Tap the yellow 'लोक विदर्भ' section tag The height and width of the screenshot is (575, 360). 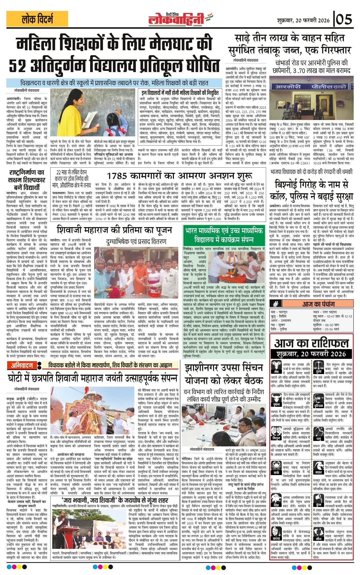pyautogui.click(x=37, y=19)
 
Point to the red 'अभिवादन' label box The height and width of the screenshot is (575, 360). pyautogui.click(x=22, y=365)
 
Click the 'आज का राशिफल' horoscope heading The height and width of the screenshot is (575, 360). pyautogui.click(x=311, y=343)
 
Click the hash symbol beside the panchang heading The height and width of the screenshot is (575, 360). pyautogui.click(x=276, y=304)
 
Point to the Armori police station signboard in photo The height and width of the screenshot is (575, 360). pyautogui.click(x=311, y=86)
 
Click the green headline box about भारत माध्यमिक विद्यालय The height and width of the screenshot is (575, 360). pyautogui.click(x=224, y=235)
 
